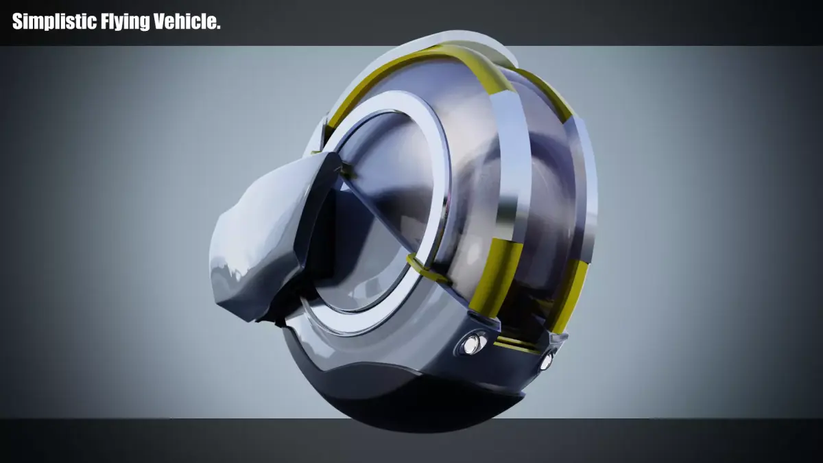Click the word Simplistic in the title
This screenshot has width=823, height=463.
click(54, 22)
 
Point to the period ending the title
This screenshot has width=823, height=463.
click(219, 26)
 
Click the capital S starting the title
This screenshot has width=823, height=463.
click(18, 22)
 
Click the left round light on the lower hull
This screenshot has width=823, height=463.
click(471, 344)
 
